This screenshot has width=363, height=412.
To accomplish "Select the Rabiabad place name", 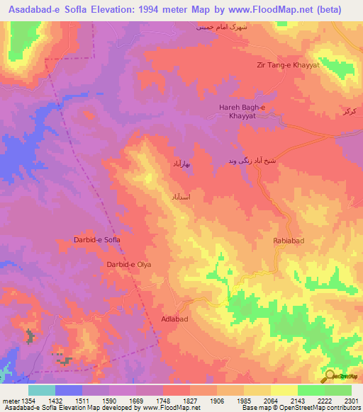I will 289,241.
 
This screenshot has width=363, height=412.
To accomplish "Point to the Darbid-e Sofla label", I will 97,241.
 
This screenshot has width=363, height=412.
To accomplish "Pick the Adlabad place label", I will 174,320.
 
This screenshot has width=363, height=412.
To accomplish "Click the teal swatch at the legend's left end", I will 42,390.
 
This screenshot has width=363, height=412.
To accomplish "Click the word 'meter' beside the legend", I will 11,401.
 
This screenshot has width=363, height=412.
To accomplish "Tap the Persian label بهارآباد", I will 183,164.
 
